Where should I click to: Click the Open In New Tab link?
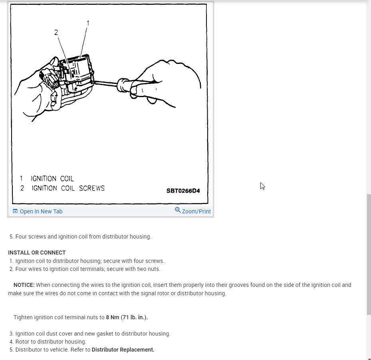tap(41, 211)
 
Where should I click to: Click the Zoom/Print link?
tap(196, 211)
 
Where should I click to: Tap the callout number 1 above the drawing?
tap(88, 24)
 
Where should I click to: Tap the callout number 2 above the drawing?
tap(56, 33)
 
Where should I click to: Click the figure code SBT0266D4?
tap(183, 191)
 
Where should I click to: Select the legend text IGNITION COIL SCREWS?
tap(68, 188)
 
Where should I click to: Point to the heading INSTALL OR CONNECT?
tap(37, 253)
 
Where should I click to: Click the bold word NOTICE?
tap(24, 285)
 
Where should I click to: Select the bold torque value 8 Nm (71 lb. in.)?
tap(127, 317)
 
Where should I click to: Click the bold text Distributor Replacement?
tap(123, 350)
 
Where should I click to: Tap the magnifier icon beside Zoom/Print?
tap(178, 210)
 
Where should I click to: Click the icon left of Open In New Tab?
tap(15, 211)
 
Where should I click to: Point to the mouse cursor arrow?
tap(262, 185)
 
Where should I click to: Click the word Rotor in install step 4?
tap(23, 342)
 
